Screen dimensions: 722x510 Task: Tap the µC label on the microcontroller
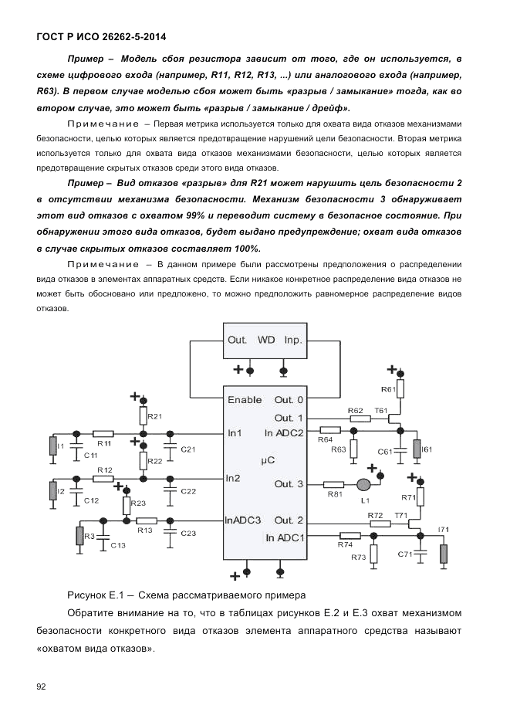click(x=268, y=458)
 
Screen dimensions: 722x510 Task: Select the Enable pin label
click(x=245, y=400)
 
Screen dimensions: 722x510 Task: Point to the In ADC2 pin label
click(x=284, y=432)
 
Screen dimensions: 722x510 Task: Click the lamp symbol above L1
click(x=363, y=485)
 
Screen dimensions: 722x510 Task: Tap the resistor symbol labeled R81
click(x=334, y=485)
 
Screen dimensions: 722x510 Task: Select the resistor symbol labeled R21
click(x=144, y=416)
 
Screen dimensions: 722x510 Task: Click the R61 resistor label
click(x=388, y=390)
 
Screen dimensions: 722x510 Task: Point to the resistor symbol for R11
click(x=103, y=433)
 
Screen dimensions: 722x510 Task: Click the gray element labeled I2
click(x=52, y=491)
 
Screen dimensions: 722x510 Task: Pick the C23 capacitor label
click(x=188, y=534)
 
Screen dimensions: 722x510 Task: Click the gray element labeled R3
click(x=79, y=535)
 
